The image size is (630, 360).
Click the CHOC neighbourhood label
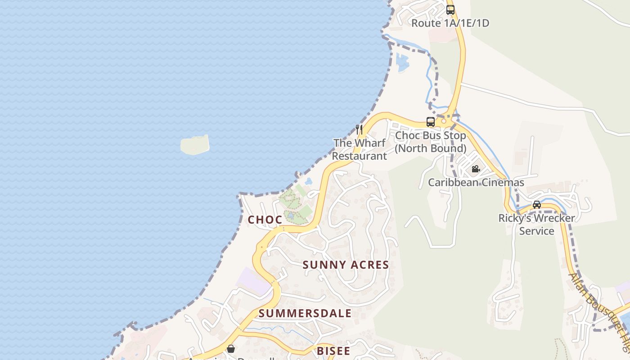point(265,220)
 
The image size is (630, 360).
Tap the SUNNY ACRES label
point(346,265)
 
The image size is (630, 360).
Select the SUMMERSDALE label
point(305,313)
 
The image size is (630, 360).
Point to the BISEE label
point(333,351)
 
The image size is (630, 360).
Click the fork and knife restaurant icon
point(359,130)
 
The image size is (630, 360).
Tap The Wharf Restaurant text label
point(360,149)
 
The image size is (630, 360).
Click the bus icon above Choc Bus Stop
point(431,121)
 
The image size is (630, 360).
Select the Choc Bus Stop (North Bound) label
point(431,142)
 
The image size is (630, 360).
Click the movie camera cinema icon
point(476,169)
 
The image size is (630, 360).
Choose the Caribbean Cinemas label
point(476,182)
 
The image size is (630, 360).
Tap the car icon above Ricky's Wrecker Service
point(537,205)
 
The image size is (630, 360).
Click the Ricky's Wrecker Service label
point(536,225)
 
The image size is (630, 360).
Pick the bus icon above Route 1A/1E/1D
point(450,9)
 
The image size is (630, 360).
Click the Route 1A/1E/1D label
point(450,23)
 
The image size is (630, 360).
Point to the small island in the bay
point(195,145)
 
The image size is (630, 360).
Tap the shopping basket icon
point(231,349)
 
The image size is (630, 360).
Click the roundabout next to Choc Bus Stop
point(444,121)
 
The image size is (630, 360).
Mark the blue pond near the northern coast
point(402,62)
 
